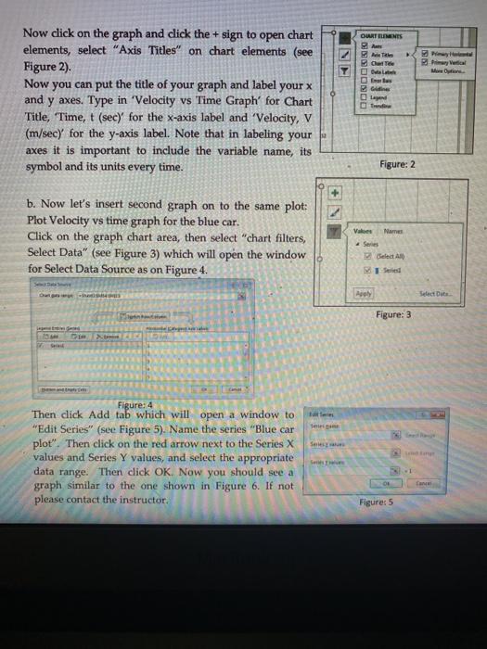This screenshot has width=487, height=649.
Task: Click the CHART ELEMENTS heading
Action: point(390,32)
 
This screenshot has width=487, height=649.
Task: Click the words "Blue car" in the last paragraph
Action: point(274,428)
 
